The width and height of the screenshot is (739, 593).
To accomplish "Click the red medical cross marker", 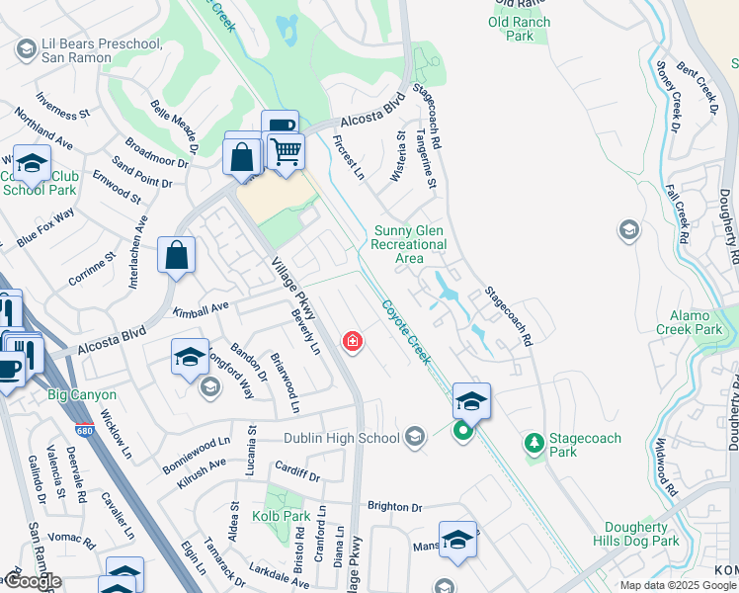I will point(351,342).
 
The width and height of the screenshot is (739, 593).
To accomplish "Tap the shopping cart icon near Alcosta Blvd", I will point(286,152).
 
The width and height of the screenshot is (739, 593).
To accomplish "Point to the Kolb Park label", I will point(283,516).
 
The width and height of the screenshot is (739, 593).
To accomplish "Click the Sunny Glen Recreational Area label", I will point(410,245).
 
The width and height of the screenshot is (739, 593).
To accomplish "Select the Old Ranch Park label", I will point(519,29).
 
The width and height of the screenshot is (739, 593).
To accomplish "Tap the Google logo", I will point(33,582).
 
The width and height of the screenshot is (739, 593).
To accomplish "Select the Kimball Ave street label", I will point(201,309).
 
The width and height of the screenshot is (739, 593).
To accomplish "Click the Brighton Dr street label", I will point(394,507).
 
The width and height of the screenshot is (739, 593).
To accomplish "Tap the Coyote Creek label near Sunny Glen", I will point(406,331).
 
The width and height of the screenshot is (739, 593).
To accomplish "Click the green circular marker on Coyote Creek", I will point(462,432).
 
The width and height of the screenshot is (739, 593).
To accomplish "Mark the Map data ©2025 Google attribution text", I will point(678,585).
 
